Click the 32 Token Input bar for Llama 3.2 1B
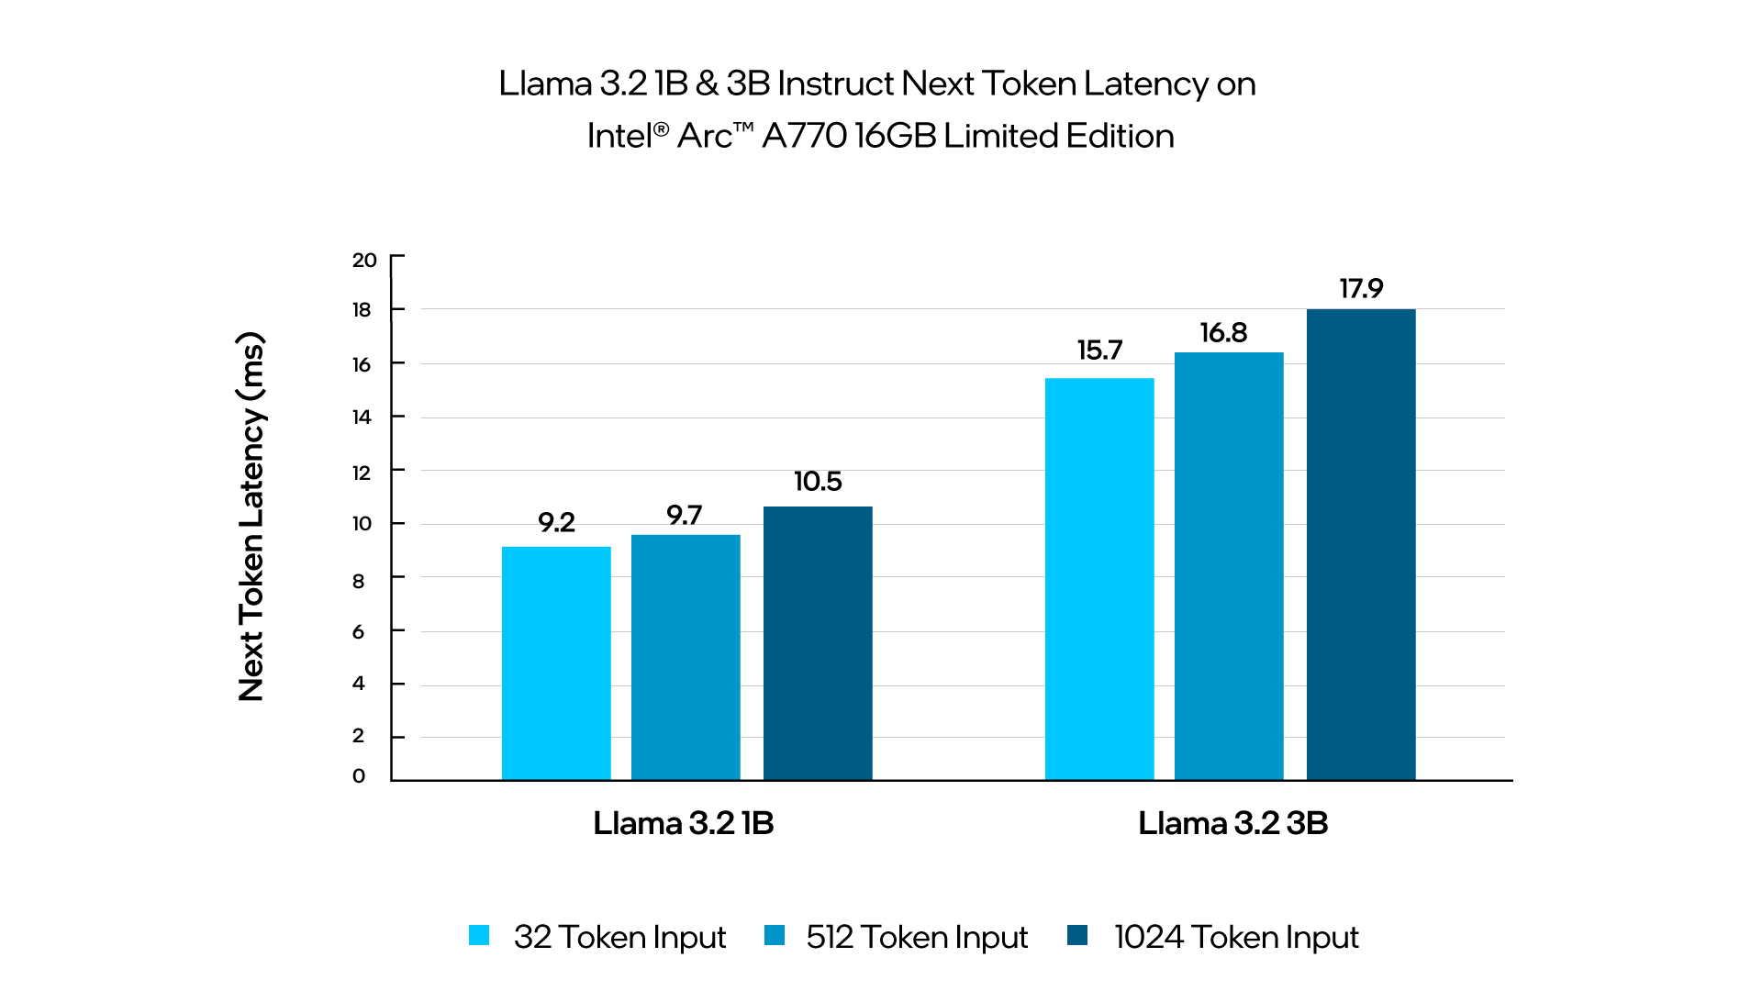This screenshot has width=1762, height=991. pos(556,663)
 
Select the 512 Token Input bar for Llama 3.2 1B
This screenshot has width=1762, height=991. pos(686,657)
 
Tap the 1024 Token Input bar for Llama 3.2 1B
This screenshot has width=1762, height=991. pos(818,642)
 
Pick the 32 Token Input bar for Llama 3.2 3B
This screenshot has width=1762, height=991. pos(1099,578)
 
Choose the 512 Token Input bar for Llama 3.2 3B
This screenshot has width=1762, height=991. pos(1229,565)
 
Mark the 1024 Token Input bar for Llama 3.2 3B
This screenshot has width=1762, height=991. pos(1361,544)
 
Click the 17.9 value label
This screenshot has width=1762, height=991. pos(1361,289)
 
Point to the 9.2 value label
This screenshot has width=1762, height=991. pos(556,523)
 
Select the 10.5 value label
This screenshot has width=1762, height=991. pos(818,482)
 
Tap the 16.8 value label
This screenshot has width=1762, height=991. pos(1223,333)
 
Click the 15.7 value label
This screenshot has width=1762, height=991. pos(1099,351)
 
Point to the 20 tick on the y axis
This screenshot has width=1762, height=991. pos(364,261)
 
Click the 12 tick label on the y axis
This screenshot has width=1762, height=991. pos(362,473)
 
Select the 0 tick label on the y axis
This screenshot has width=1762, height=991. pos(359,776)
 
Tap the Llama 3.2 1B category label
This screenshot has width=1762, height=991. pos(684,823)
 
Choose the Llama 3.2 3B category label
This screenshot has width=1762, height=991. pos(1232,823)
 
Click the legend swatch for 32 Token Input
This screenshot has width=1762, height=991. pos(479,935)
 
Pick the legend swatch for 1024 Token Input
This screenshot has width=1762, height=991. pos(1077,935)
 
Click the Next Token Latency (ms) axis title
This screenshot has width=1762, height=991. pos(251,517)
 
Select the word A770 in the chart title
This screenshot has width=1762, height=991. pos(804,136)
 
